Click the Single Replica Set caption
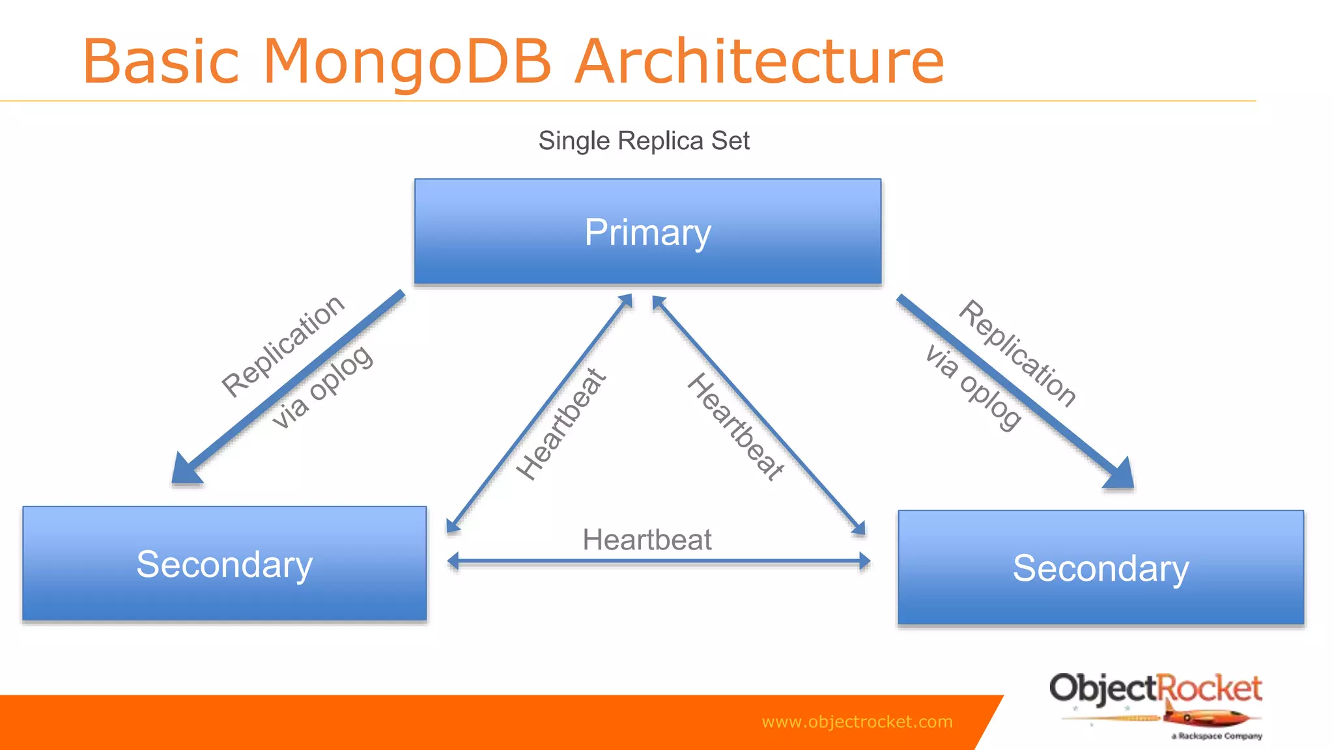tap(644, 141)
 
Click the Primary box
tap(647, 232)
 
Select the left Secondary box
tap(224, 564)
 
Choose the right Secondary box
tap(1100, 568)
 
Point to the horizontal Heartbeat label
tap(647, 540)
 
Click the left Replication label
tap(283, 345)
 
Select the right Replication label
tap(1017, 354)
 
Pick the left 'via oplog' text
tap(322, 387)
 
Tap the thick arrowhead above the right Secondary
tap(1120, 475)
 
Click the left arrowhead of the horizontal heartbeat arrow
tap(453, 561)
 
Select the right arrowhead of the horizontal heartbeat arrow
tap(864, 561)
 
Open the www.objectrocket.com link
tap(857, 721)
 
